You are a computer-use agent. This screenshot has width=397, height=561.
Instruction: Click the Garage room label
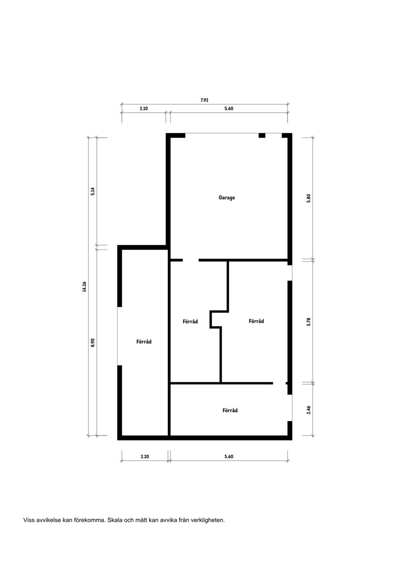pyautogui.click(x=227, y=197)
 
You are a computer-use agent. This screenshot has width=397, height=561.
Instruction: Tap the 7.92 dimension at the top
pyautogui.click(x=204, y=100)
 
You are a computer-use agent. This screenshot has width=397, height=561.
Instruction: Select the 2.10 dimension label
pyautogui.click(x=143, y=109)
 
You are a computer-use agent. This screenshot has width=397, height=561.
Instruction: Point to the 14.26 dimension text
pyautogui.click(x=84, y=287)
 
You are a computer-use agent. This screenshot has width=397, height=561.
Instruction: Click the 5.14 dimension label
pyautogui.click(x=93, y=191)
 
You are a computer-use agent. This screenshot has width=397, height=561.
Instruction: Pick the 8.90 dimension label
pyautogui.click(x=93, y=342)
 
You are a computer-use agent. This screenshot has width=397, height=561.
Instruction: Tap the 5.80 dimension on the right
pyautogui.click(x=309, y=198)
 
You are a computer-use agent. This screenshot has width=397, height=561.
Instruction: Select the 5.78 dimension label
pyautogui.click(x=309, y=322)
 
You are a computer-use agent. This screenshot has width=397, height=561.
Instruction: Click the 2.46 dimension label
pyautogui.click(x=309, y=410)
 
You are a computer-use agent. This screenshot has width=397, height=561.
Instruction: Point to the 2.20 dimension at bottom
pyautogui.click(x=145, y=456)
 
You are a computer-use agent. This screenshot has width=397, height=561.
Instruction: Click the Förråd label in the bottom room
pyautogui.click(x=230, y=410)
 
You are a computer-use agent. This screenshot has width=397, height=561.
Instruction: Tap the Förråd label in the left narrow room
pyautogui.click(x=144, y=342)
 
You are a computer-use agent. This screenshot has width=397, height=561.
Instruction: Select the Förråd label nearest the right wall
pyautogui.click(x=256, y=321)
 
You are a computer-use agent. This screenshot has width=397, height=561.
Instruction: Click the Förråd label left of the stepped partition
pyautogui.click(x=190, y=321)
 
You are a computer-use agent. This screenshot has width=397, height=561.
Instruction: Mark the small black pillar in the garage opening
pyautogui.click(x=262, y=135)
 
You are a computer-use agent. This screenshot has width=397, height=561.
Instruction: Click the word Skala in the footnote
pyautogui.click(x=115, y=520)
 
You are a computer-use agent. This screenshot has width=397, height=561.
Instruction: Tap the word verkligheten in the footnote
pyautogui.click(x=207, y=520)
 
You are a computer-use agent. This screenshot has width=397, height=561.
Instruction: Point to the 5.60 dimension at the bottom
pyautogui.click(x=229, y=456)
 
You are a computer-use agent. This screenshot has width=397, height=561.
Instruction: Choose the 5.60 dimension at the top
pyautogui.click(x=229, y=109)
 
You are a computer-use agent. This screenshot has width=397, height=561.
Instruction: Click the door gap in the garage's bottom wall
pyautogui.click(x=191, y=260)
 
